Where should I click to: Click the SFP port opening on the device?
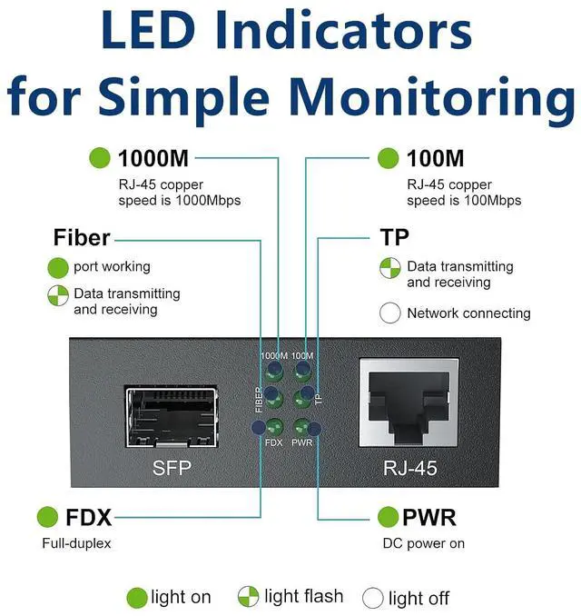172,417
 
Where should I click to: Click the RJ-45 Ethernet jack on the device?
409,402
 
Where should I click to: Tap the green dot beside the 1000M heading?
99,158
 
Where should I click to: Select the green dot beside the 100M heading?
388,158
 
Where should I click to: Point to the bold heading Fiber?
82,238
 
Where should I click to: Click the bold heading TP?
395,237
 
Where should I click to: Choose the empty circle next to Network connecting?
390,313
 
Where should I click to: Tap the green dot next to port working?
58,267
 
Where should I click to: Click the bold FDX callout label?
89,517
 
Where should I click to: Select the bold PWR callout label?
429,517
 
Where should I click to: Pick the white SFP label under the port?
172,468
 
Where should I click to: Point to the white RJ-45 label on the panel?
409,468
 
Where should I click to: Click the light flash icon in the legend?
248,596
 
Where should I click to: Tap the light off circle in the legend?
372,598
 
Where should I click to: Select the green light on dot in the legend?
136,598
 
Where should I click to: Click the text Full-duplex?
76,543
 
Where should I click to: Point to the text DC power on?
424,543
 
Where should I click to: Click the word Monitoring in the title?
434,98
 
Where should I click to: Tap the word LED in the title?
149,30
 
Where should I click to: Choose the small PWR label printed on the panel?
302,442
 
